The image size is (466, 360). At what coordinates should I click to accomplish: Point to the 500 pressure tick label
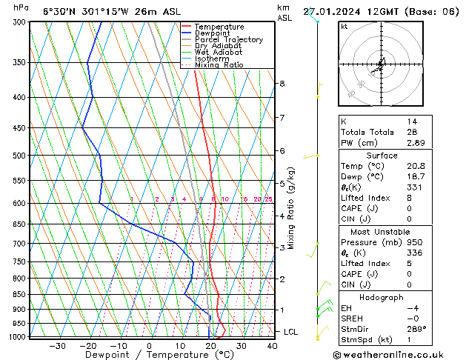(20, 156)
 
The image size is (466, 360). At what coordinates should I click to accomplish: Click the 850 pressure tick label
(20, 294)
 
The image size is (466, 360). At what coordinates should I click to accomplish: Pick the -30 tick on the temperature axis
(56, 345)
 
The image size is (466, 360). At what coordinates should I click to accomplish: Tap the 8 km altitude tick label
(282, 84)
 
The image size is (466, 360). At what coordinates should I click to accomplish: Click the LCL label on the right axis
(291, 332)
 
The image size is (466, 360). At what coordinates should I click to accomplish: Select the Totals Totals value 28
(411, 131)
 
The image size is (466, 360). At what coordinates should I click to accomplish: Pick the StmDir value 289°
(416, 329)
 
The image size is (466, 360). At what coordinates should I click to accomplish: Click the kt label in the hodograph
(344, 26)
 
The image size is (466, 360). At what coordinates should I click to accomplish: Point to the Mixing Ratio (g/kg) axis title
(292, 207)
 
